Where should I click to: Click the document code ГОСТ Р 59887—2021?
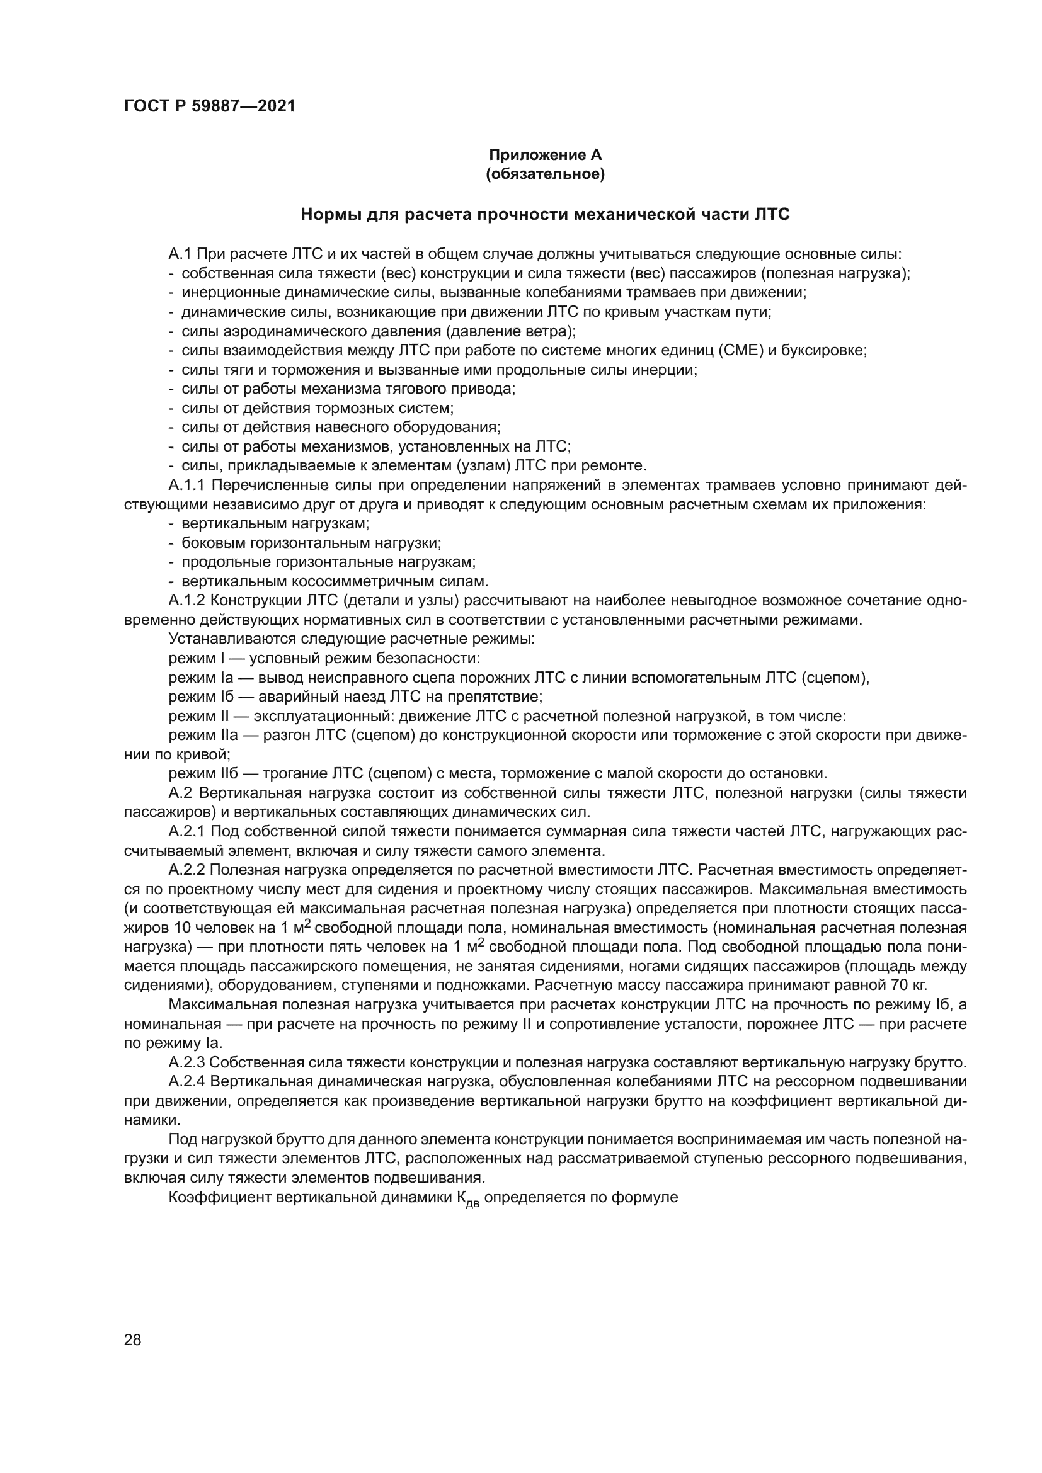(x=209, y=106)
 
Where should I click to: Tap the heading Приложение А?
(x=546, y=155)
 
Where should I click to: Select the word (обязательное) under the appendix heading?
(x=546, y=174)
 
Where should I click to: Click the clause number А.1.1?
(x=187, y=485)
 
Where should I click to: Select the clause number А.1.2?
(x=187, y=601)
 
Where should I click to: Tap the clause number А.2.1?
(x=187, y=831)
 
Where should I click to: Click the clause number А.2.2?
(x=187, y=870)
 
